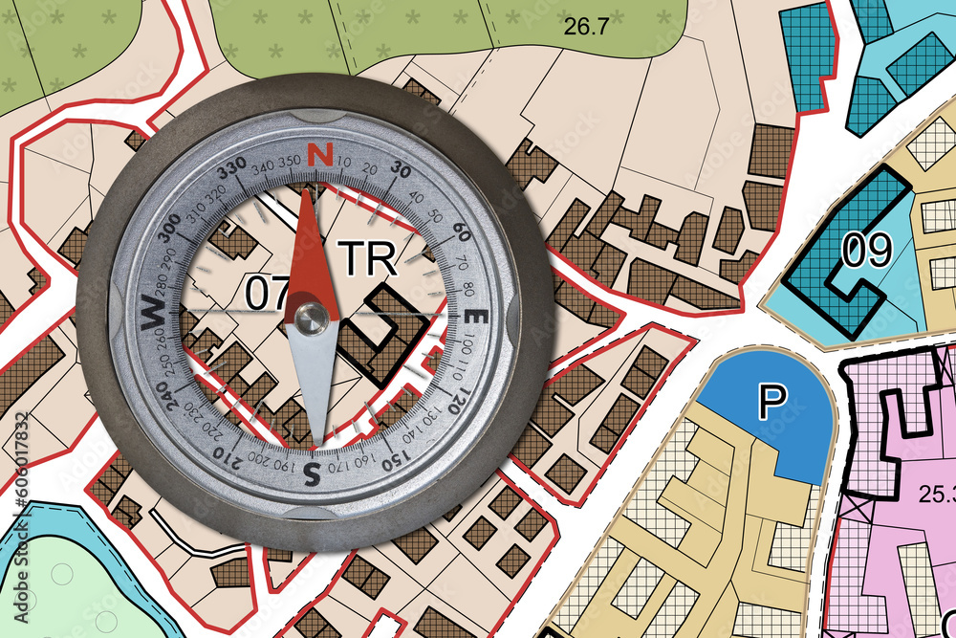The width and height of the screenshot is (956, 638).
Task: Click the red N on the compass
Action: tap(322, 154)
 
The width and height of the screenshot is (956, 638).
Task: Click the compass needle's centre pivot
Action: tap(309, 319)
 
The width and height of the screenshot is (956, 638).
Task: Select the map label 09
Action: tap(866, 251)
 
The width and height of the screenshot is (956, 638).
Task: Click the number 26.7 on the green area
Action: tap(585, 27)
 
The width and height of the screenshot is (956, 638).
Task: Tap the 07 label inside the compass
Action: tap(268, 294)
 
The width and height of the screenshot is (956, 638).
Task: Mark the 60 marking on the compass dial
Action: tap(459, 232)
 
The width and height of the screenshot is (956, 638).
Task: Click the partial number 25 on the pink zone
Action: tap(930, 495)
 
